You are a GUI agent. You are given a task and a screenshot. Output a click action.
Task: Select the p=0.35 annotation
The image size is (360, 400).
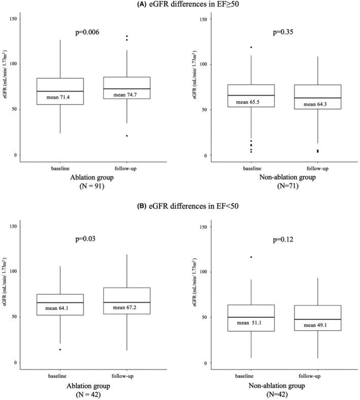276,32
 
